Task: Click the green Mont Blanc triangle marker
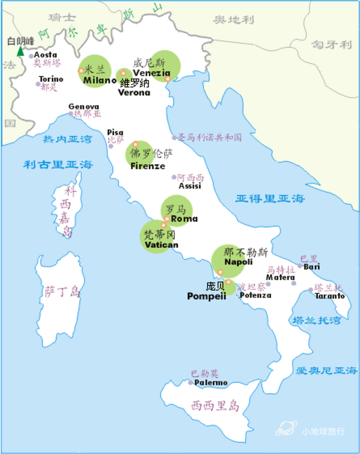20,51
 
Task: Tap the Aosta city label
46,55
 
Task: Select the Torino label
51,79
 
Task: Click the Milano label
100,80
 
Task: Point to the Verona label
134,92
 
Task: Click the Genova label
84,107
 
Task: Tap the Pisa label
115,132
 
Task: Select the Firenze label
148,166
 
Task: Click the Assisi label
190,186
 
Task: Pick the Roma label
184,219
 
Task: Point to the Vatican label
161,245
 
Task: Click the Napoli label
239,262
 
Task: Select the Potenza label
255,295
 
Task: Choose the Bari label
312,267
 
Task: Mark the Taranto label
330,296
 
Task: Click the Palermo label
211,382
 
